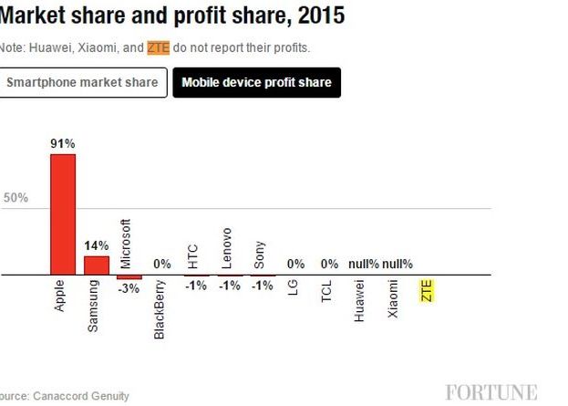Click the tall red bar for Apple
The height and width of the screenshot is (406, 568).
(62, 213)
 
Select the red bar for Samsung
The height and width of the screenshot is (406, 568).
(96, 265)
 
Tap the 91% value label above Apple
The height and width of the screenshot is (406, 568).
(62, 143)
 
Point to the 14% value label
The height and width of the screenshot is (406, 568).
(97, 245)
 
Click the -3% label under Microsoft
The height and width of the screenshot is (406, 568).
(129, 288)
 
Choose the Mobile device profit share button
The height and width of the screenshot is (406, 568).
(256, 83)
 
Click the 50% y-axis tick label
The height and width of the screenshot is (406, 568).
(16, 198)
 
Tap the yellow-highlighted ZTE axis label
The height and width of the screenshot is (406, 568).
(426, 292)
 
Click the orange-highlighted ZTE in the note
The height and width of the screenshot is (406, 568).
(158, 47)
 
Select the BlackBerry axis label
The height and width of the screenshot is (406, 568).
(160, 310)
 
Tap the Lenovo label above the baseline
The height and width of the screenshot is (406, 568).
(227, 247)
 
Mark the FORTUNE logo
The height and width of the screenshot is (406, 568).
(491, 392)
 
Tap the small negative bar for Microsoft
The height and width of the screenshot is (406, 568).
(129, 276)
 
